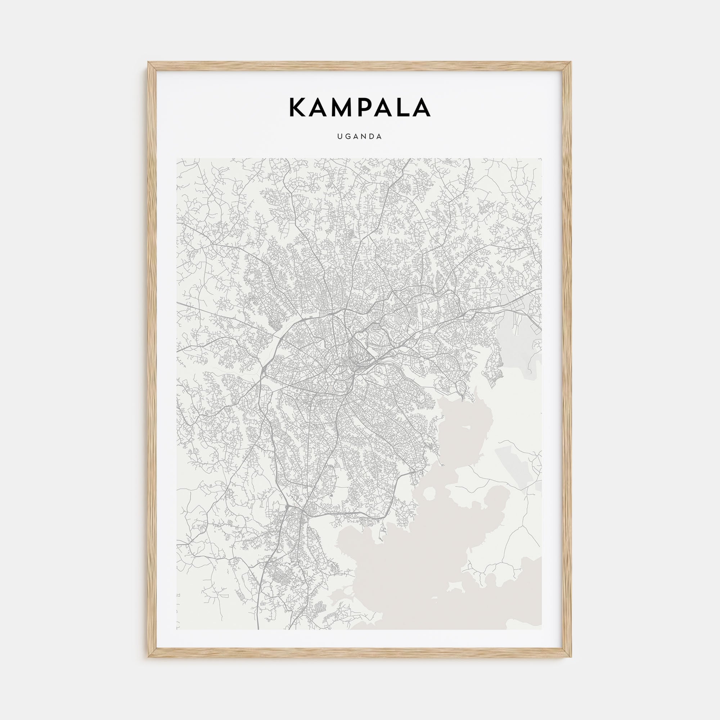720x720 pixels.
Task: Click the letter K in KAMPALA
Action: (297, 108)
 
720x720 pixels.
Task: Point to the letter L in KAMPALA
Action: (401, 108)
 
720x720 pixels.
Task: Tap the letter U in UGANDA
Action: (339, 136)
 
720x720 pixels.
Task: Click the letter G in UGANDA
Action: (348, 136)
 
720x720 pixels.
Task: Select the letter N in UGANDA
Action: (365, 136)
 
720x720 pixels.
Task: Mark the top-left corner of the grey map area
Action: (177, 159)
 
